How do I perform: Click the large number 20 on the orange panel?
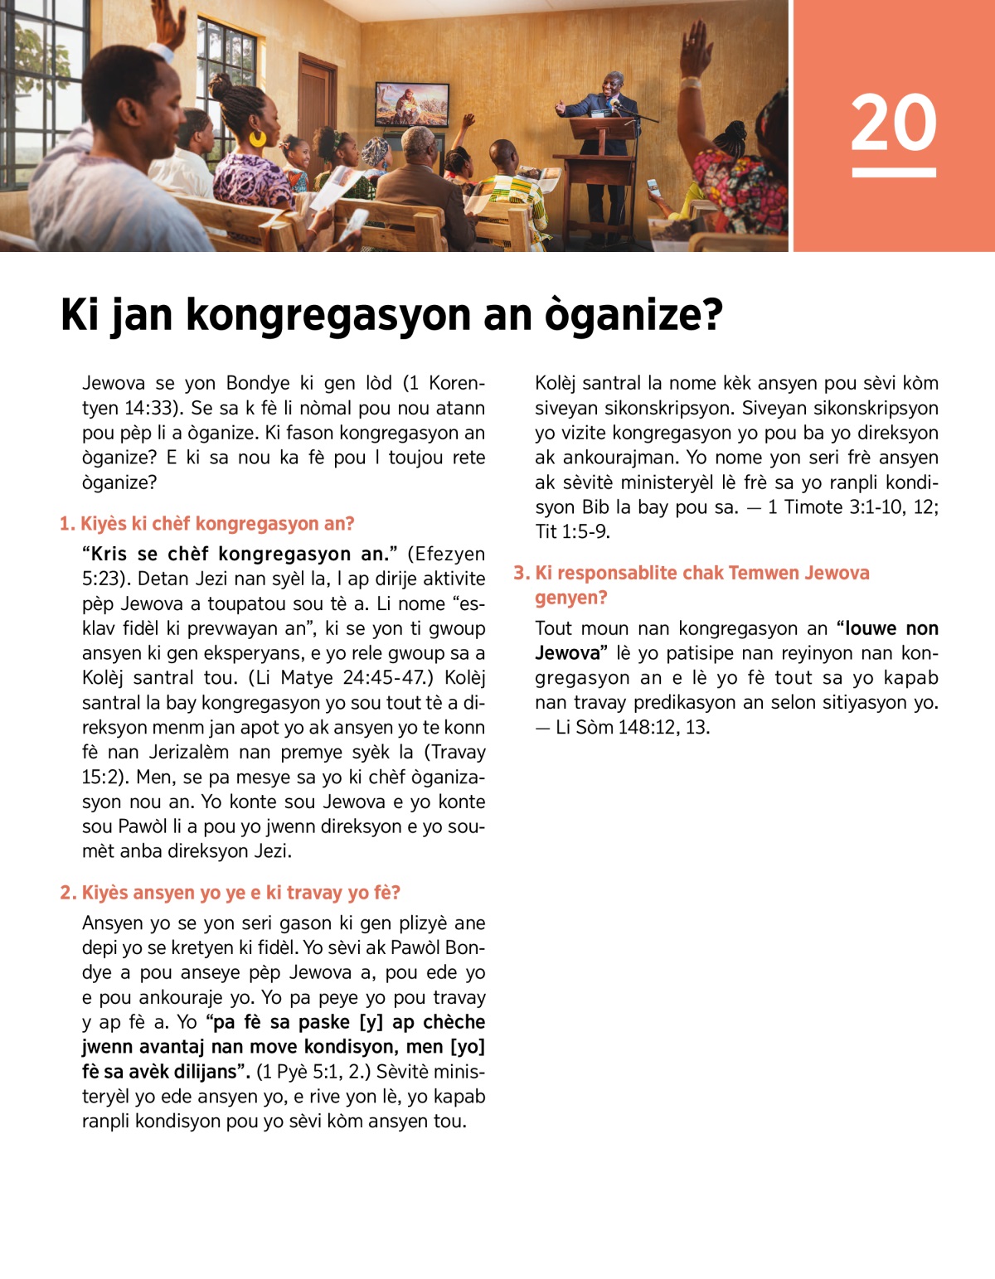pyautogui.click(x=893, y=123)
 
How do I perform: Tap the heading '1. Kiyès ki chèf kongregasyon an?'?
pyautogui.click(x=206, y=524)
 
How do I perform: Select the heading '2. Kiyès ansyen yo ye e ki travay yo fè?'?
pyautogui.click(x=230, y=893)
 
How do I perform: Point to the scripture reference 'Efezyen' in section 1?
pyautogui.click(x=445, y=554)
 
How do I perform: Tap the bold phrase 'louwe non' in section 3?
pyautogui.click(x=891, y=628)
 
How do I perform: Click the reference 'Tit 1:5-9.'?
pyautogui.click(x=572, y=532)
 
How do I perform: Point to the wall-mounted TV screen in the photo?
pyautogui.click(x=412, y=104)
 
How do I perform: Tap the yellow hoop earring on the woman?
pyautogui.click(x=258, y=138)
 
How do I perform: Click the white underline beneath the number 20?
pyautogui.click(x=894, y=172)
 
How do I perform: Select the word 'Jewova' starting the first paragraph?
pyautogui.click(x=114, y=383)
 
